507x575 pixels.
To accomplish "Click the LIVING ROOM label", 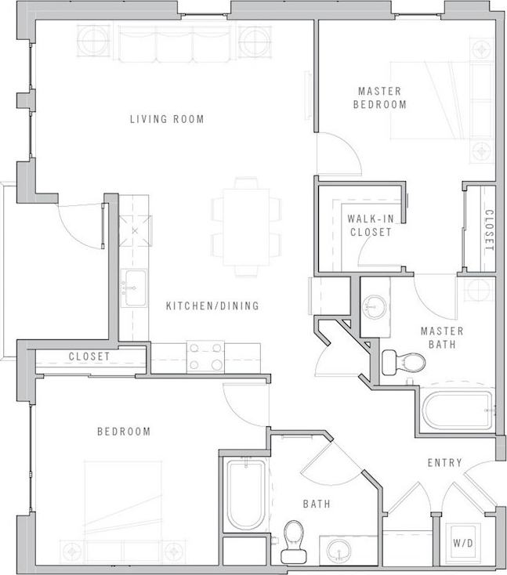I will tap(167, 119).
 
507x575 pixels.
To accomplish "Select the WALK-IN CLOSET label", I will tap(369, 226).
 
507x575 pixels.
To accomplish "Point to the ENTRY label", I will tap(444, 463).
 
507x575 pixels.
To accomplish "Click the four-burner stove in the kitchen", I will tap(205, 357).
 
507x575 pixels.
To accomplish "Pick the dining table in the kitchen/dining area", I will tap(246, 226).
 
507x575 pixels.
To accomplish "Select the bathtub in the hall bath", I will tap(245, 495).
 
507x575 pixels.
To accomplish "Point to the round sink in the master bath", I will tap(375, 306).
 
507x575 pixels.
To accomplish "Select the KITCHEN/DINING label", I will tap(212, 306).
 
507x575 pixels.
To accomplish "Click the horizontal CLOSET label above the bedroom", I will tap(89, 356).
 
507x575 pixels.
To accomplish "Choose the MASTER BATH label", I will tap(442, 337).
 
